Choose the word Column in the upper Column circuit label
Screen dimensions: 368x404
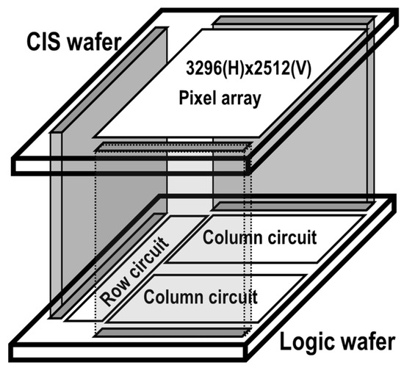click(x=231, y=239)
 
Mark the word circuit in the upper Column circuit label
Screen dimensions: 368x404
click(x=291, y=239)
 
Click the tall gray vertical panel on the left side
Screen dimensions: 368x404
click(x=70, y=220)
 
